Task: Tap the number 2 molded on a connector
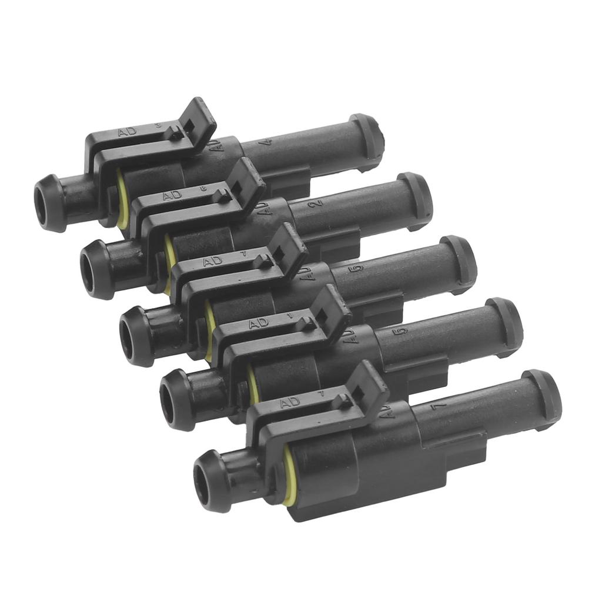318,203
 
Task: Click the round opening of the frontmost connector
203,483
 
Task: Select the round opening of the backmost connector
42,203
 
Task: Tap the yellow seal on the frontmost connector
287,475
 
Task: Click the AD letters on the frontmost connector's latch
290,403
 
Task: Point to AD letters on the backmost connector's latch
127,131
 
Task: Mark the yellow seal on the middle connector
209,330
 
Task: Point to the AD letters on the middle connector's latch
212,261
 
